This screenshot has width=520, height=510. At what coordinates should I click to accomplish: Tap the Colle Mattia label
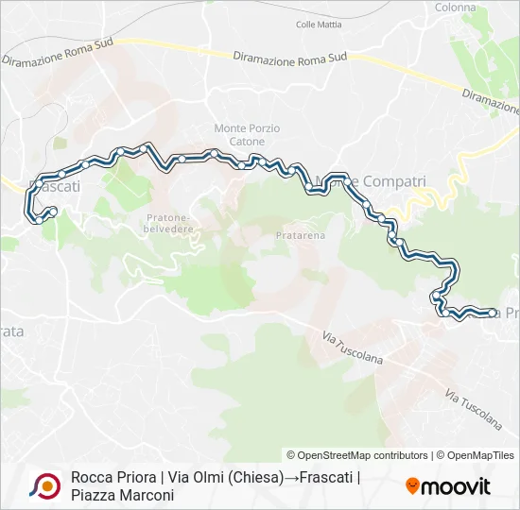point(319,25)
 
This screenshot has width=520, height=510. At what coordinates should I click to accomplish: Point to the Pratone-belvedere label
point(169,221)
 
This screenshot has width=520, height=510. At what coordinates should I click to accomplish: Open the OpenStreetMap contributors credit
point(357,455)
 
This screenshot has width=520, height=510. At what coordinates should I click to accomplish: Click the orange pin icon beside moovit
point(412,486)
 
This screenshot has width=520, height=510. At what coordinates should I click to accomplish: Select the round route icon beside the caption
point(43,486)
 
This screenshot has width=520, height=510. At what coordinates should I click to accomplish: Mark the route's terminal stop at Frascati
point(54,211)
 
